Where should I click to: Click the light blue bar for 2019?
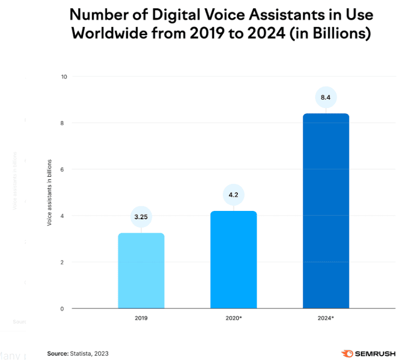coord(141,271)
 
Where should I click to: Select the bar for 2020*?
coord(234,260)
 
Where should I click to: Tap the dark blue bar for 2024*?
coord(326,211)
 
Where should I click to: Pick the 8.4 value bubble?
coord(326,97)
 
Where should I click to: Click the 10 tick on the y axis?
coord(64,77)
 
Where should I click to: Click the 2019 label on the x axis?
coord(141,316)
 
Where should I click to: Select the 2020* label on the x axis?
coord(234,316)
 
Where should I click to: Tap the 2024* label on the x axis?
coord(326,316)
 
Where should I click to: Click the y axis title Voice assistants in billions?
coord(50,193)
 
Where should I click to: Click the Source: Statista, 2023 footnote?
coord(78,353)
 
